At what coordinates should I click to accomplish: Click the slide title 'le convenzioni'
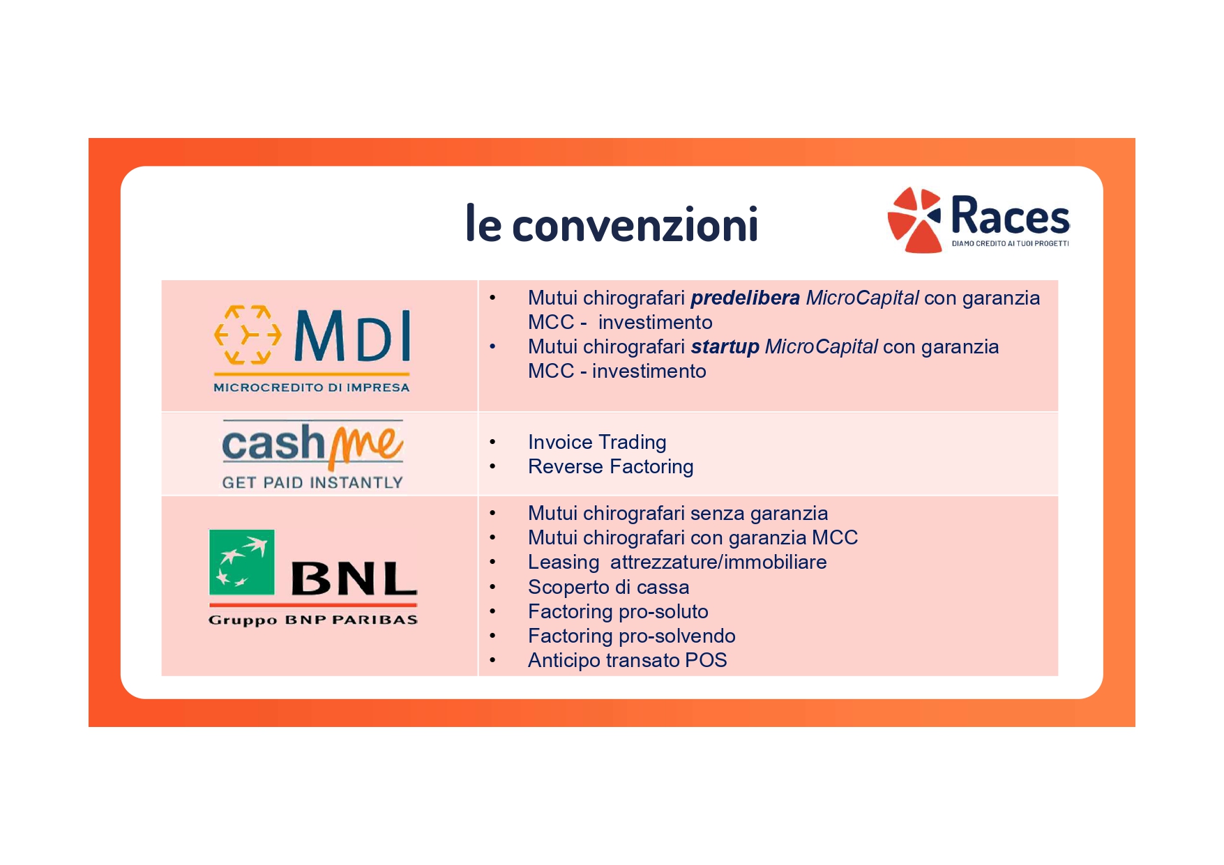[612, 224]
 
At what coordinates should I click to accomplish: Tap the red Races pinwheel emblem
[914, 220]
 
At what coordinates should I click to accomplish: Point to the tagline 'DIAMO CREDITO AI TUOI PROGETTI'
[1010, 243]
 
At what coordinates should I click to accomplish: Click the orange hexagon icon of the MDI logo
[248, 335]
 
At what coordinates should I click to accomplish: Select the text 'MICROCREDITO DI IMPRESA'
[312, 388]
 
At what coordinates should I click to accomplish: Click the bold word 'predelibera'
[745, 298]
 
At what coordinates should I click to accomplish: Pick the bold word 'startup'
[725, 347]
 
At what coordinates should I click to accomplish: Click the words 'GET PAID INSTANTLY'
[312, 482]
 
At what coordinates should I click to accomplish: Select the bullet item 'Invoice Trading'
[597, 443]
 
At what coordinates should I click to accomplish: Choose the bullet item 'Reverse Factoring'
[610, 467]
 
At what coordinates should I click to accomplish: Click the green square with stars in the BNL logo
[242, 562]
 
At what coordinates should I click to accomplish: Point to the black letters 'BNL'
[354, 579]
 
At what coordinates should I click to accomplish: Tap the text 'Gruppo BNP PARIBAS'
[313, 620]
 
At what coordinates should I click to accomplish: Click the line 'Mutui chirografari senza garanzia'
[678, 514]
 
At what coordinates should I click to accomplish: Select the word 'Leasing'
[564, 562]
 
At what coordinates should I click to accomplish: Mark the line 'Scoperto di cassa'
[608, 587]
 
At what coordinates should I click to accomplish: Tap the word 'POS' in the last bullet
[706, 660]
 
